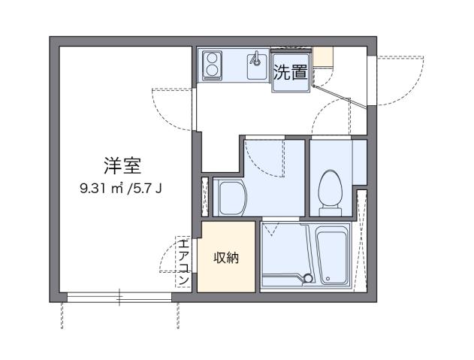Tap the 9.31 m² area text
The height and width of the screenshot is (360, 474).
click(x=102, y=189)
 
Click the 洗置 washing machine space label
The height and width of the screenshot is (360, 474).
click(x=289, y=72)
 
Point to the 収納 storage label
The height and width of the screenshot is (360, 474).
click(x=227, y=258)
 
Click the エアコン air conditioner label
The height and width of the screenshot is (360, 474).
click(x=183, y=262)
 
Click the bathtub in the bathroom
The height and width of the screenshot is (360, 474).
click(x=332, y=256)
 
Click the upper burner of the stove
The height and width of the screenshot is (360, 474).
click(x=212, y=57)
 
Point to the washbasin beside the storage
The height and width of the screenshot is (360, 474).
click(x=230, y=198)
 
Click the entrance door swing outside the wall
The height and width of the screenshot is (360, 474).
click(x=391, y=79)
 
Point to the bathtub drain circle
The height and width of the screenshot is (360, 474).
click(x=307, y=279)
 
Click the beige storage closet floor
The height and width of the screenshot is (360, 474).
click(x=227, y=274)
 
